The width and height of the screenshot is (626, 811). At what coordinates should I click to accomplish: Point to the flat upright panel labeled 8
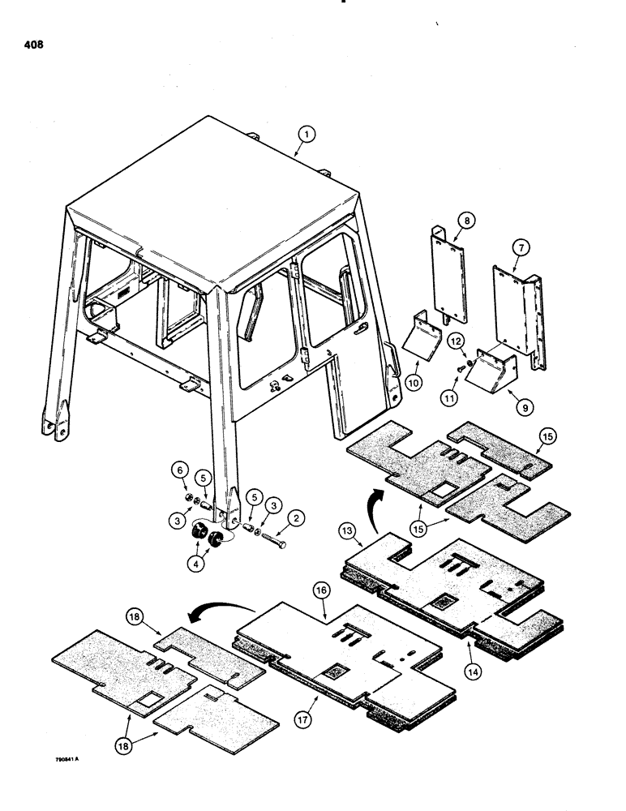click(x=448, y=276)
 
